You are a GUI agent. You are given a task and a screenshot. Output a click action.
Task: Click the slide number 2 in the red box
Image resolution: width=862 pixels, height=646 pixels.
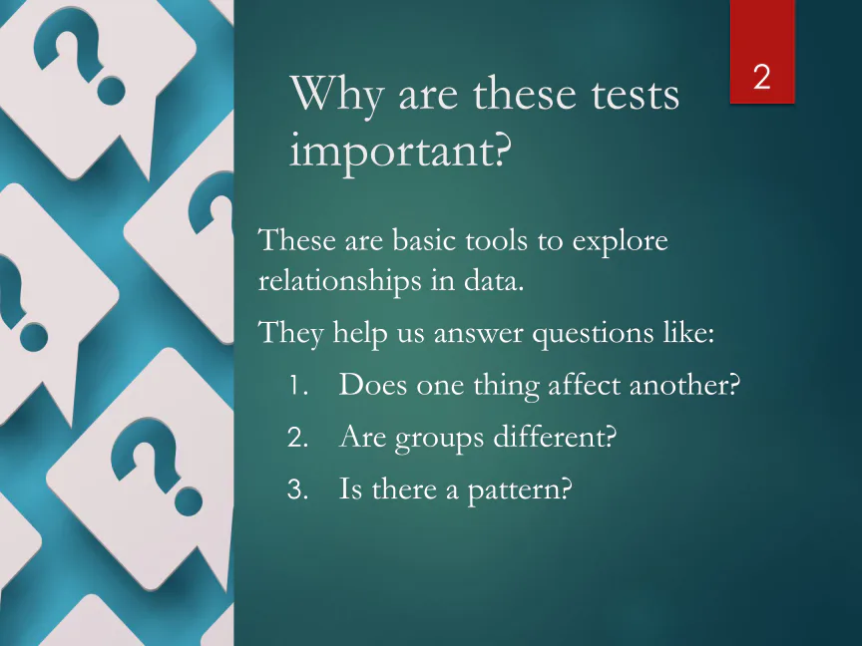pos(761,77)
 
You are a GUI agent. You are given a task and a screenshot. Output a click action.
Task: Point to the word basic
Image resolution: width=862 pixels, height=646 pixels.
pos(428,240)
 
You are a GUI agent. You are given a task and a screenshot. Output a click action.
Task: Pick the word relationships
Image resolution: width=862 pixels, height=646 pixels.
pos(339,282)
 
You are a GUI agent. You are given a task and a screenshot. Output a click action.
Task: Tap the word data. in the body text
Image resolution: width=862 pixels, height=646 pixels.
pos(494,280)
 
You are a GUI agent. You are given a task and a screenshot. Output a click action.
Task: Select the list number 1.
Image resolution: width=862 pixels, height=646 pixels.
pos(298,385)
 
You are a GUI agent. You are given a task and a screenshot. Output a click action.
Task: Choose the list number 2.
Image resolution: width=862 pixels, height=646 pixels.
pos(297,438)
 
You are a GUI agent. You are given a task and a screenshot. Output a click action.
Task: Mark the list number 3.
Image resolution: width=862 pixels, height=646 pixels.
pos(297,488)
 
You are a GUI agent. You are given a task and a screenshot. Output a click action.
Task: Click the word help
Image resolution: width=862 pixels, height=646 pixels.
pos(360,333)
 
